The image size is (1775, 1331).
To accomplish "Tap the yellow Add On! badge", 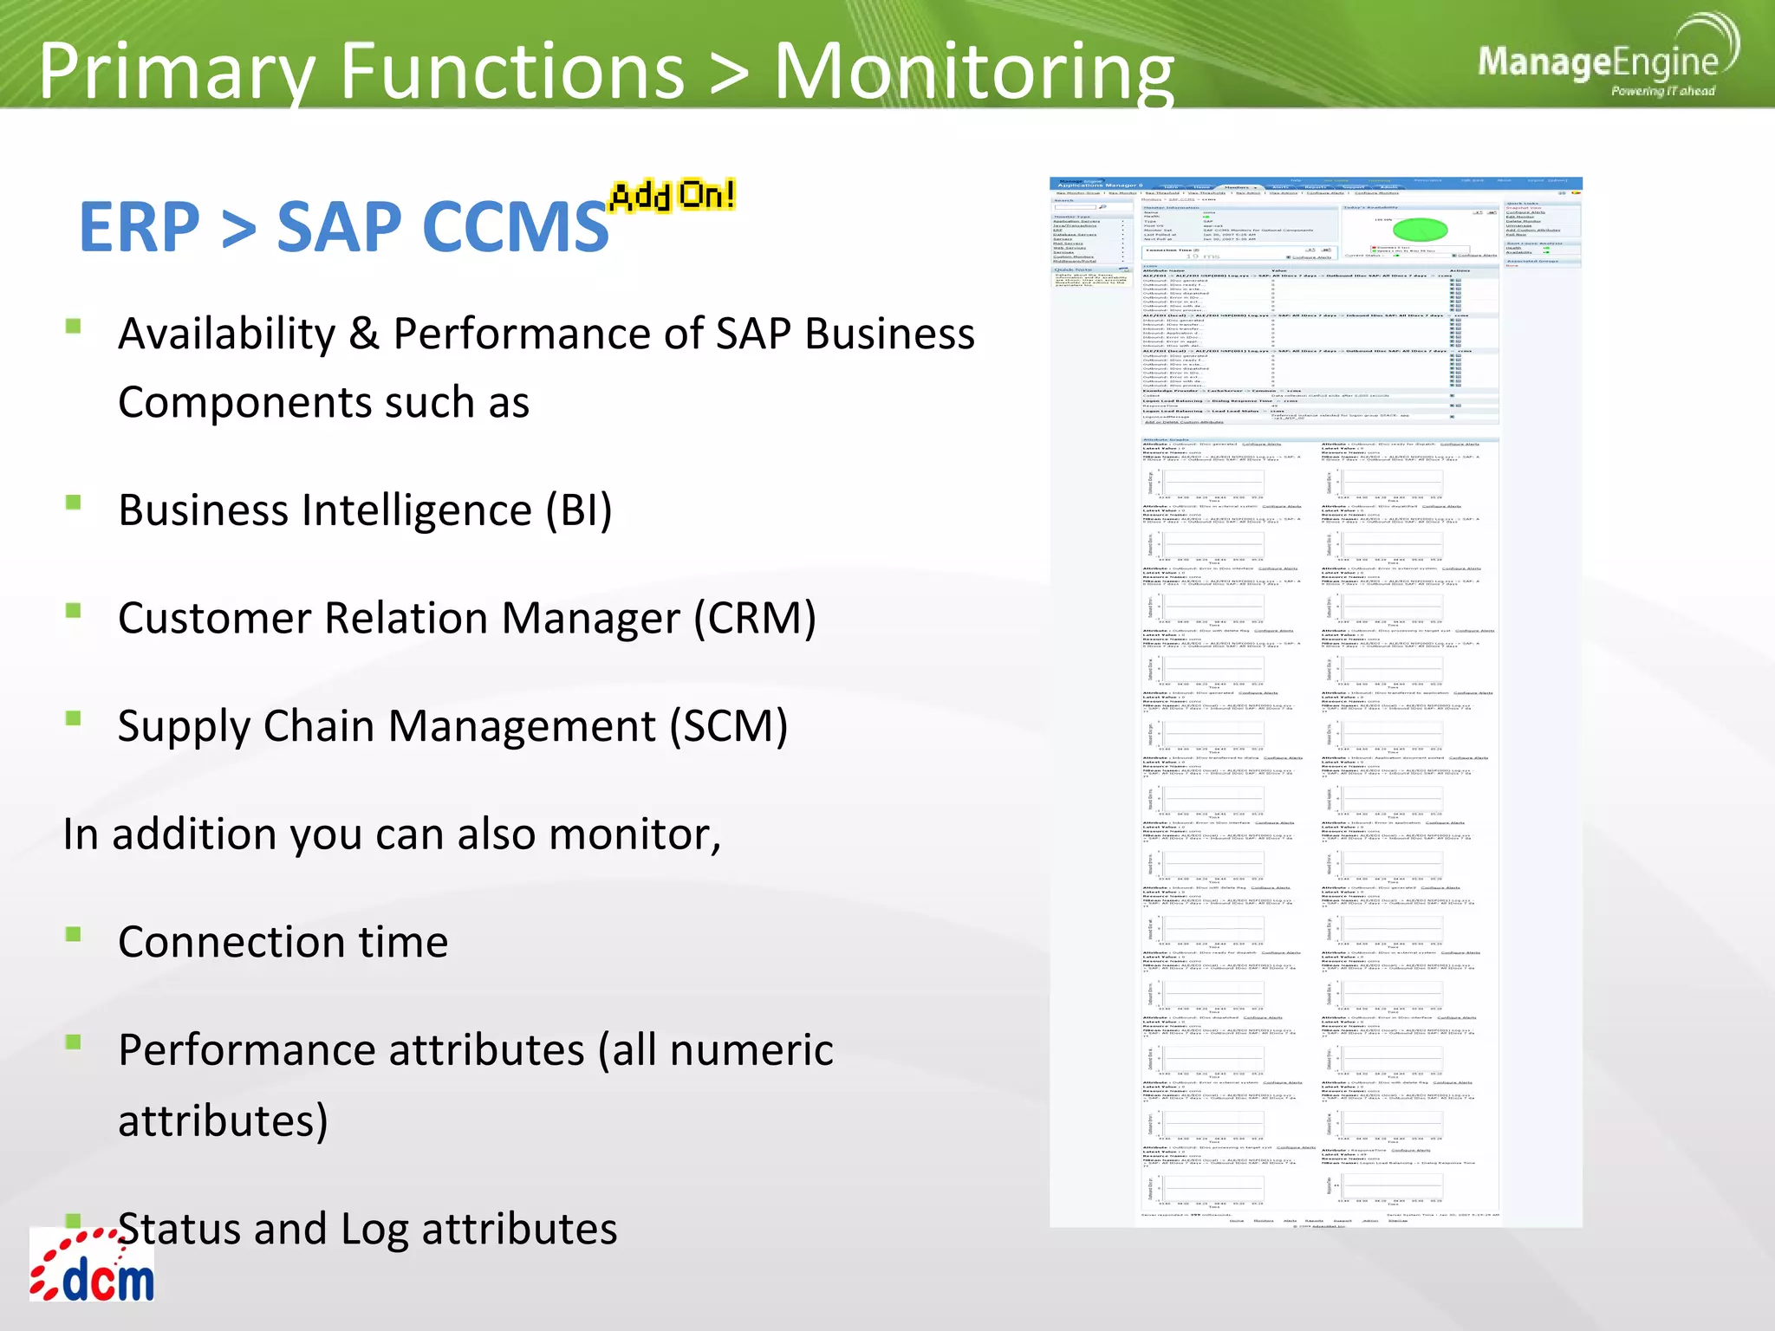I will tap(673, 195).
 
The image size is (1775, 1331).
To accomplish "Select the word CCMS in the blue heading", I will tap(442, 227).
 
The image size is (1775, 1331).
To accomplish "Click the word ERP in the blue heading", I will tap(139, 227).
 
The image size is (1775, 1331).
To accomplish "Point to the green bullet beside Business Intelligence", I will tap(74, 503).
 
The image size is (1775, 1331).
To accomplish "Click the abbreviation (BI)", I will tap(578, 510).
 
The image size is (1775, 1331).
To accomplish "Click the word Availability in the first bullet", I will tap(226, 334).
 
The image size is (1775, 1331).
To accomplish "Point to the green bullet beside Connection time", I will tap(74, 934).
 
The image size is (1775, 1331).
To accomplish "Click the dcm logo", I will tap(93, 1267).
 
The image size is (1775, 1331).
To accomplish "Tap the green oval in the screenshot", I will tap(1420, 230).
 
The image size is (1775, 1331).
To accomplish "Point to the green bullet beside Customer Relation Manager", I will tap(74, 611).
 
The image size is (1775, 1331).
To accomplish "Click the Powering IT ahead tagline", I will tap(1662, 91).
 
